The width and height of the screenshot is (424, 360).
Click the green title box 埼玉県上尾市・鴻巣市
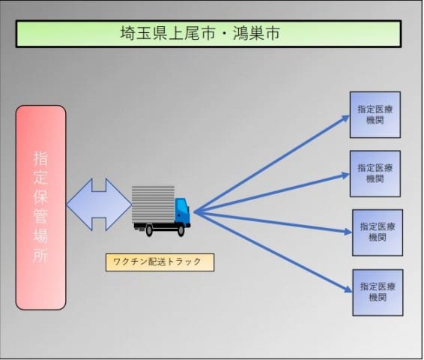coord(208,34)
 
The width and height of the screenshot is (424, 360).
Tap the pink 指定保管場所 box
coord(41,208)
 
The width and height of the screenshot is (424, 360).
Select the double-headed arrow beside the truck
coord(99,205)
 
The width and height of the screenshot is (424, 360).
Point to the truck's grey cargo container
coord(153,204)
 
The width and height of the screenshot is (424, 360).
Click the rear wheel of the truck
coord(149,230)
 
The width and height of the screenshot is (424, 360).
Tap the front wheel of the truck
coord(181,230)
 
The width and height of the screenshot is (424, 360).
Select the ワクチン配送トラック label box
coord(160,262)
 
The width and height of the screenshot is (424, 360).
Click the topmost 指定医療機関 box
coord(375,115)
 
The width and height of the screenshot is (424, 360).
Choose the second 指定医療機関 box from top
coord(375,174)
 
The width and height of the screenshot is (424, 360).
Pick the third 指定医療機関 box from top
coord(378,232)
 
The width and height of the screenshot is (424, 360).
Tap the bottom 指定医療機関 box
coord(378,292)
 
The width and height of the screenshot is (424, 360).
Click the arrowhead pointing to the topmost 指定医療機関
coord(346,118)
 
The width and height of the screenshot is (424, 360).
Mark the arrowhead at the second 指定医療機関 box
coord(346,175)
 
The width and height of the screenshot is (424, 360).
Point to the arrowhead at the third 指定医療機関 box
coord(348,232)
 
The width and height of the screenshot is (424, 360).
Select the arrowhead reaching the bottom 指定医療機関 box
coord(348,289)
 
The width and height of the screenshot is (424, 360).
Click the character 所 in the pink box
coord(40,254)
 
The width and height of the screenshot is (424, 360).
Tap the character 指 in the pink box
coord(40,158)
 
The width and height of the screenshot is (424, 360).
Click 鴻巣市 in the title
coord(255,34)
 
